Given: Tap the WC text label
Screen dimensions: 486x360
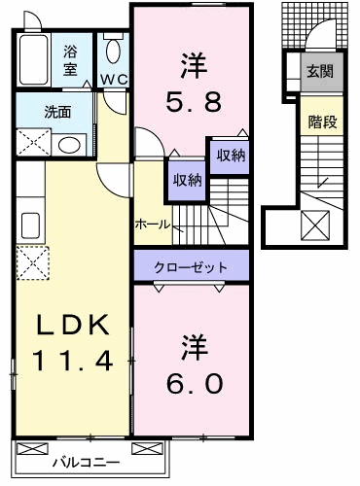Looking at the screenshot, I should [112, 79].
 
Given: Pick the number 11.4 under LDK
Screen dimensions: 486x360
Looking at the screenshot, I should [70, 361].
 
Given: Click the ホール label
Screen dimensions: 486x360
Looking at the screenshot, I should [153, 224].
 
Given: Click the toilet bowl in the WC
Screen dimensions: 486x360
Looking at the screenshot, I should [113, 51].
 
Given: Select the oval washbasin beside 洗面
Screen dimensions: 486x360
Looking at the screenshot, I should [68, 146].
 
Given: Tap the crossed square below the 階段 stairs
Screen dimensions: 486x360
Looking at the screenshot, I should [317, 227].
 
